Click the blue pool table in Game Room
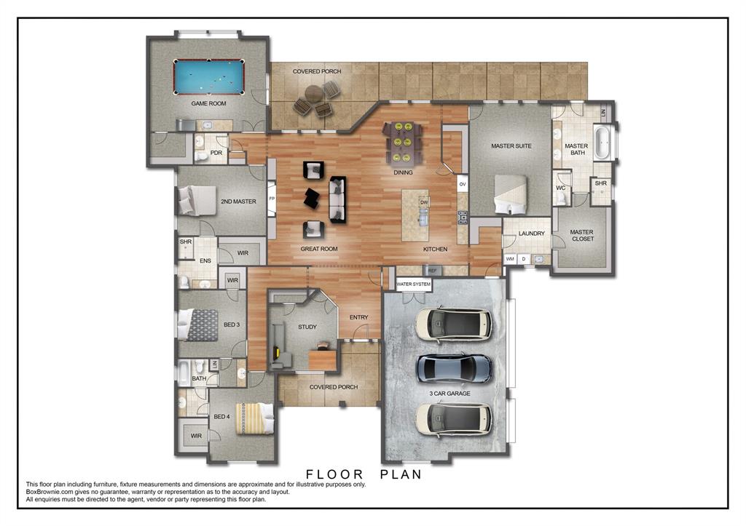[x=209, y=76]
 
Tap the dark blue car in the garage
[x=453, y=368]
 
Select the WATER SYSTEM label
[x=414, y=284]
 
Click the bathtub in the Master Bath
[x=602, y=143]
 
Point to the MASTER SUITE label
[x=511, y=146]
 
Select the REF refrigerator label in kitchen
[x=432, y=271]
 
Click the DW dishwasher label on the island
[x=424, y=202]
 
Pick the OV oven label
[x=462, y=185]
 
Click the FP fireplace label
[x=272, y=199]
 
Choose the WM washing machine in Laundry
[x=511, y=259]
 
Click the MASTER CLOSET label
[x=582, y=236]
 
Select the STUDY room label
[x=307, y=327]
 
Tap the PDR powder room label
[x=216, y=153]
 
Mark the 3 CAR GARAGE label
[x=449, y=394]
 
